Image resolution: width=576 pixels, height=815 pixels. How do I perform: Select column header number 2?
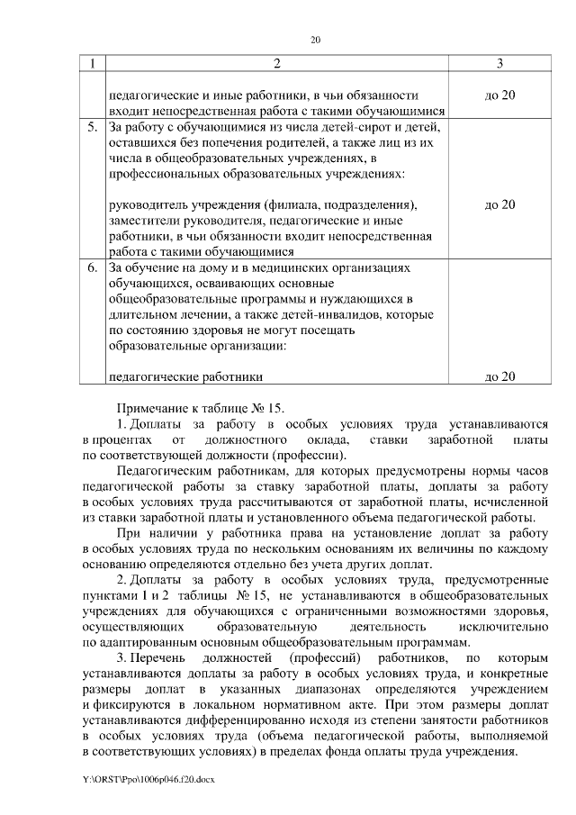pyautogui.click(x=276, y=64)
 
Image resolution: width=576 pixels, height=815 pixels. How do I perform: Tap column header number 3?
pyautogui.click(x=499, y=64)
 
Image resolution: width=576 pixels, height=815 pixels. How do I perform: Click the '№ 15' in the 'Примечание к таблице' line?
pyautogui.click(x=269, y=408)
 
